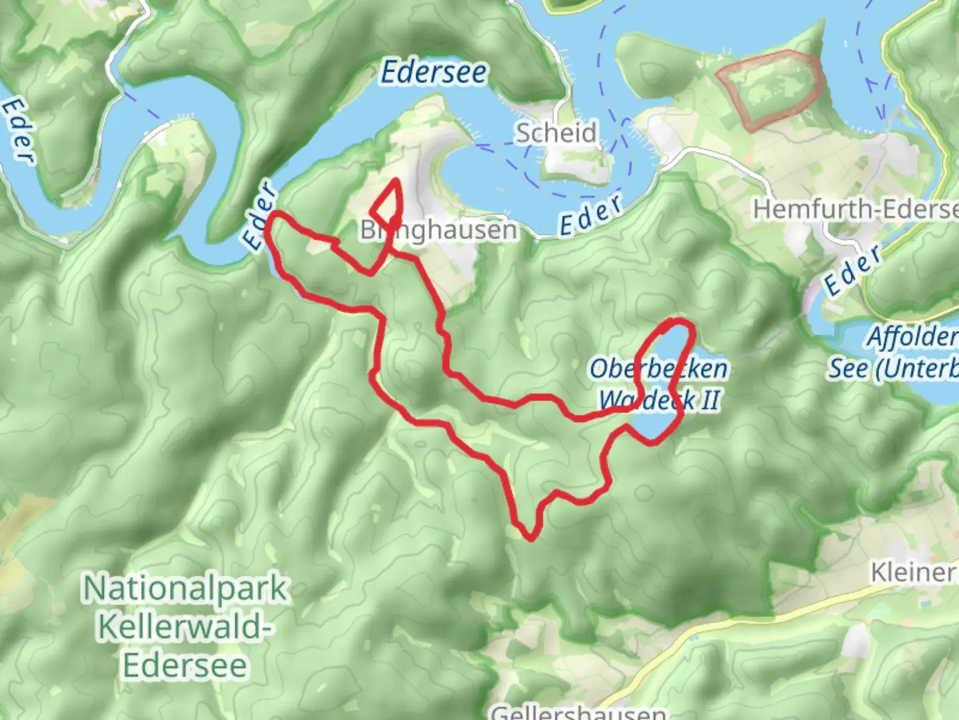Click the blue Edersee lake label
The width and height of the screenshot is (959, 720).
tap(434, 72)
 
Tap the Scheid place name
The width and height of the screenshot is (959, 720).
tap(556, 133)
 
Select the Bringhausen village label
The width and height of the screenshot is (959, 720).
tap(438, 230)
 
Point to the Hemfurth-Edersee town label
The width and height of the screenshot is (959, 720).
tap(855, 209)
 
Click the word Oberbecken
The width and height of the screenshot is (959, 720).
tap(658, 368)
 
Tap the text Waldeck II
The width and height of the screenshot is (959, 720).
tap(659, 400)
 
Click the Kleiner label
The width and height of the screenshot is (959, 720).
tap(914, 572)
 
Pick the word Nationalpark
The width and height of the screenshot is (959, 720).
tap(185, 588)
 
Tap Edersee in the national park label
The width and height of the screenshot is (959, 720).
tap(185, 665)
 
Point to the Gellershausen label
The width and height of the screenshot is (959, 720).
tap(578, 712)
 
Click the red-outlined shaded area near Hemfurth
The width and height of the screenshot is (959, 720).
tap(771, 88)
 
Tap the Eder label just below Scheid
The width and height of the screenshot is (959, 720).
tap(591, 215)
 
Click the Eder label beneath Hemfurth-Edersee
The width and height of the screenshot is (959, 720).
tap(853, 270)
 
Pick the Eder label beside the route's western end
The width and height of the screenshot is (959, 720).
tap(260, 216)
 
